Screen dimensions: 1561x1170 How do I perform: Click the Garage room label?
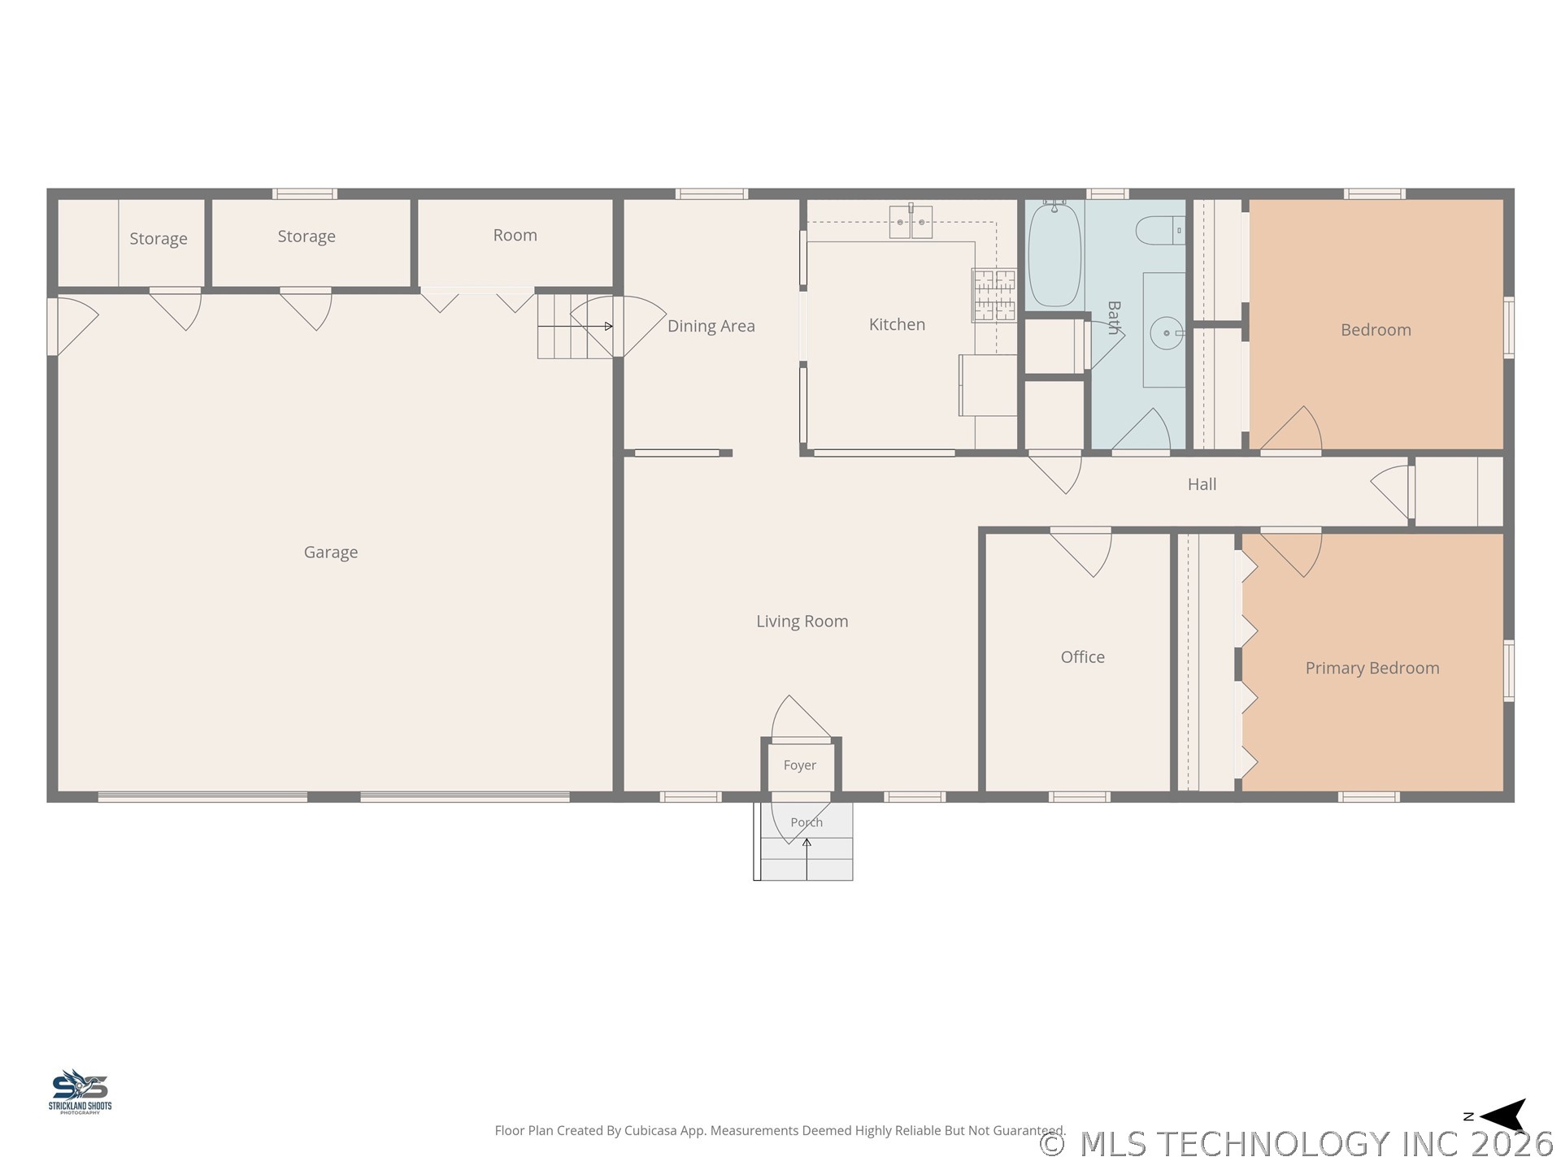pos(331,552)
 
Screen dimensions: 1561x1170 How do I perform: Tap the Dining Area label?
pos(711,327)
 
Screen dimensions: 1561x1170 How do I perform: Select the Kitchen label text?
pos(897,325)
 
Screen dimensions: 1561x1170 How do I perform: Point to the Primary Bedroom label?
pos(1372,669)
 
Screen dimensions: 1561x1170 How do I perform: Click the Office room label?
pos(1082,657)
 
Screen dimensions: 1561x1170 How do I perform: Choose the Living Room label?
pos(802,622)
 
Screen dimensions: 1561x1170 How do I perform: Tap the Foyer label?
pos(800,765)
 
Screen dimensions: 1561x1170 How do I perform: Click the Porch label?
pos(807,822)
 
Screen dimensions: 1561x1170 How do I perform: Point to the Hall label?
pos(1202,485)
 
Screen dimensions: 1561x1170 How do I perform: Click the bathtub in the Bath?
pos(1054,253)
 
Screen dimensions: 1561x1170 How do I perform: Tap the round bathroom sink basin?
pos(1167,333)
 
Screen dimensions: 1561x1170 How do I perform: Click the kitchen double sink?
pos(911,222)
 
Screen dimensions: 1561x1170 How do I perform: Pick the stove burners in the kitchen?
pos(994,295)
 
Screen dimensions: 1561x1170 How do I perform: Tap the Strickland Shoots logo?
pos(80,1091)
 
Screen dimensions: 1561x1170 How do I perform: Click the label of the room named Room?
pos(515,236)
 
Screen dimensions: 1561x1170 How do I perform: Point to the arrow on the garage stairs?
pos(576,327)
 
